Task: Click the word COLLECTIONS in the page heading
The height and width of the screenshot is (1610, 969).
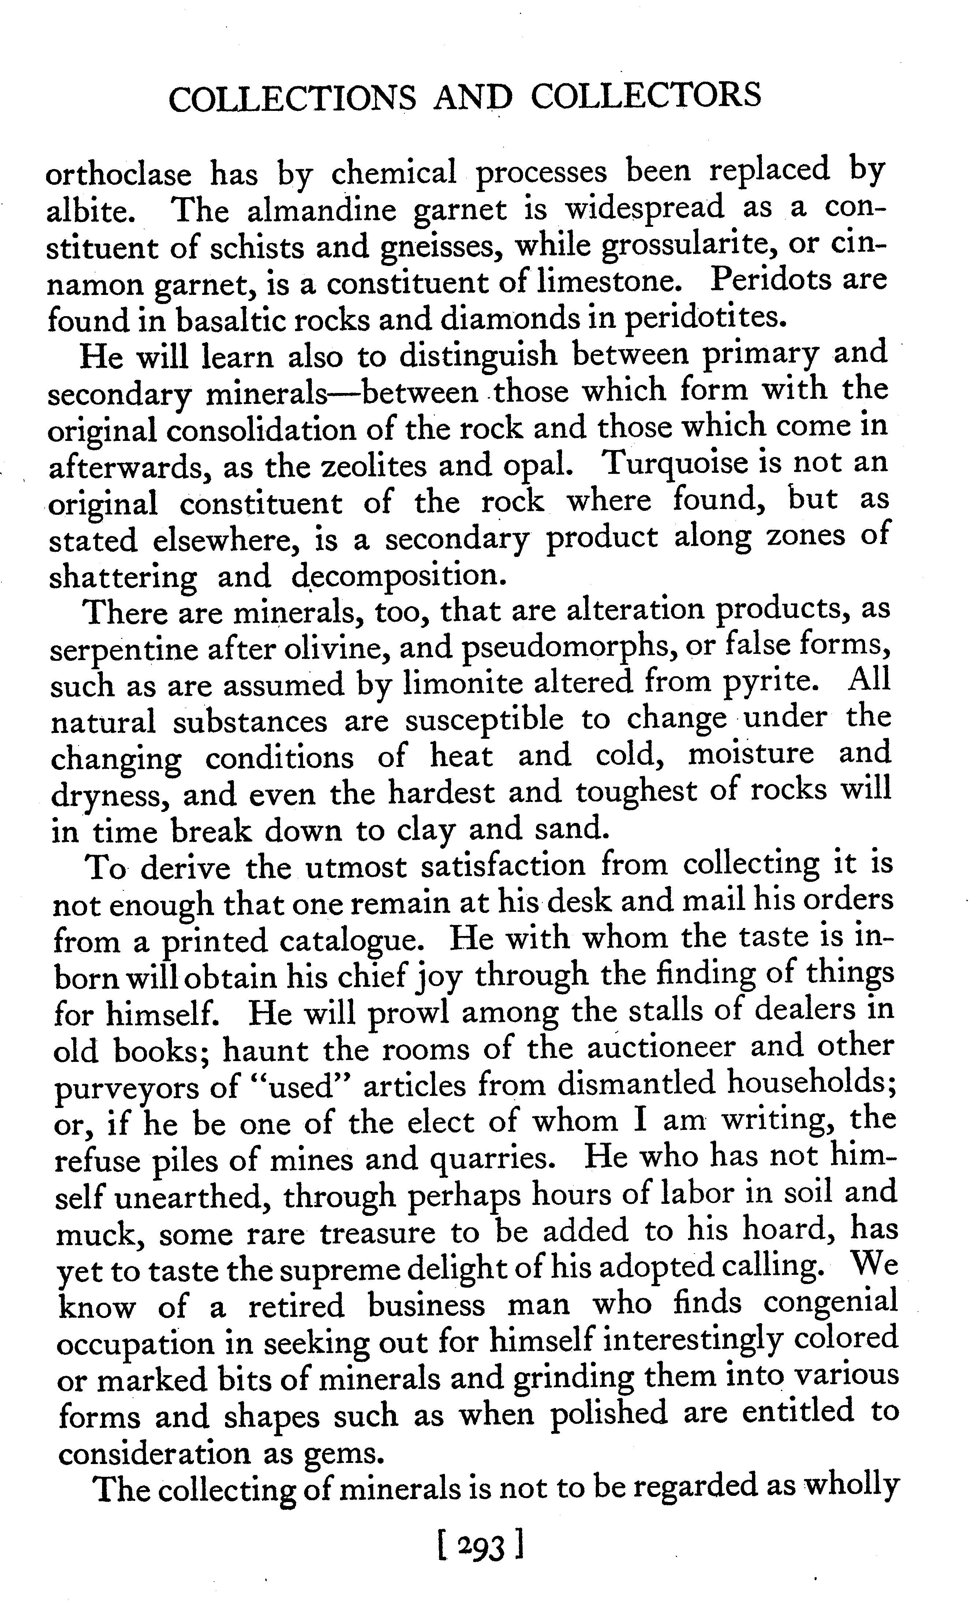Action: coord(292,97)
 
